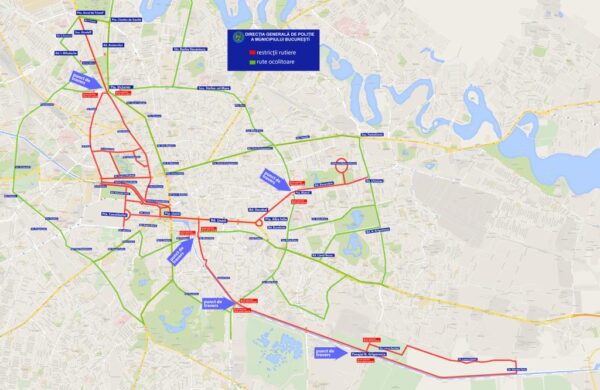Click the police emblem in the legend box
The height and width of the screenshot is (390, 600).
238,38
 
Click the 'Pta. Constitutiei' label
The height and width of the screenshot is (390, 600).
114,214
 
